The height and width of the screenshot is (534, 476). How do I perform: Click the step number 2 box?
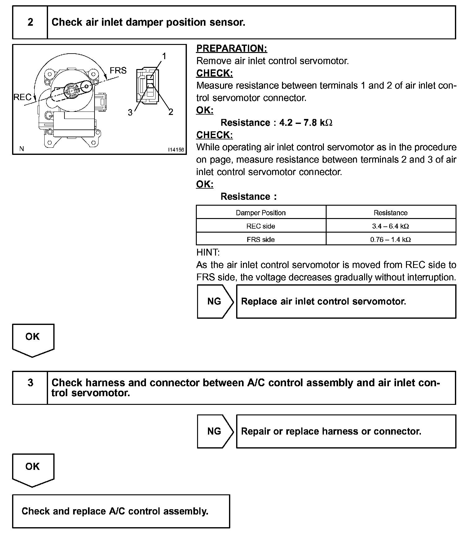[x=30, y=22]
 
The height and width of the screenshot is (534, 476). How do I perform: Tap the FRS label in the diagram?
[x=118, y=71]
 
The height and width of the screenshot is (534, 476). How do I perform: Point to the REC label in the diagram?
[x=22, y=97]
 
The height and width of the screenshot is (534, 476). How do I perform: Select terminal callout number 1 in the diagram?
[x=164, y=56]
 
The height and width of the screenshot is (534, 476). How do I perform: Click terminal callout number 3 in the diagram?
[x=130, y=112]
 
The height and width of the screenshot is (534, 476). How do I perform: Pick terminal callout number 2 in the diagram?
[x=171, y=112]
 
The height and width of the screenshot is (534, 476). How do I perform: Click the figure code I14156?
[x=176, y=150]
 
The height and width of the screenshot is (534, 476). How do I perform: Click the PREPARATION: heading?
[x=232, y=49]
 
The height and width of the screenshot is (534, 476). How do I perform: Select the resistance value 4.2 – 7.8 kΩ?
[x=306, y=123]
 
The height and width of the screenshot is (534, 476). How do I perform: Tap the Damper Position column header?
[x=261, y=213]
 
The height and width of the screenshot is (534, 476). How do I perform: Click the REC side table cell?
[x=261, y=226]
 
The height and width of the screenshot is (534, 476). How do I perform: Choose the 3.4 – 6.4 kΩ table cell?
[x=390, y=226]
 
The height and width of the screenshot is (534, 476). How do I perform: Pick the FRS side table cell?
[x=261, y=239]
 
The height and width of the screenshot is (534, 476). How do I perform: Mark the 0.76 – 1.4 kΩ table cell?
[x=390, y=239]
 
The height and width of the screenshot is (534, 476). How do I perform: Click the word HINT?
[x=208, y=252]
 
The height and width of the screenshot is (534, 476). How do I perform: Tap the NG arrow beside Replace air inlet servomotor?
[x=215, y=301]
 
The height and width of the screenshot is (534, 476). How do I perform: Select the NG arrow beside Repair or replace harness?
[x=215, y=431]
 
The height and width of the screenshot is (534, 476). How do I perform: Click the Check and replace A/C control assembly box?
[x=121, y=511]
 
